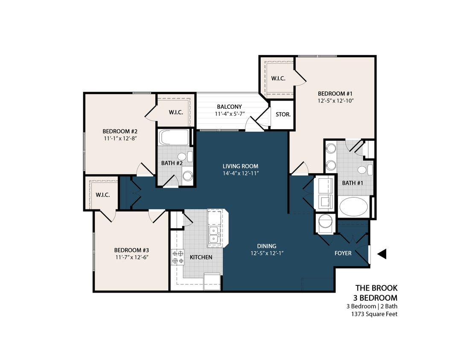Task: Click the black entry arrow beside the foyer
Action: point(382,254)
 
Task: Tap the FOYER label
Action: point(343,253)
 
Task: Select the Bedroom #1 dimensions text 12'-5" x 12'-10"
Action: point(336,101)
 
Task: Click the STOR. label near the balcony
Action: point(283,115)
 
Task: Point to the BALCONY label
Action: point(229,107)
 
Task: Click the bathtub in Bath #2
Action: point(174,138)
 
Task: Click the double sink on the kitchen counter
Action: point(213,235)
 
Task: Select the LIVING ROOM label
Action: point(240,166)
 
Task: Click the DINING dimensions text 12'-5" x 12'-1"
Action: point(267,253)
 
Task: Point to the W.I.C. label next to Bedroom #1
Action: point(278,78)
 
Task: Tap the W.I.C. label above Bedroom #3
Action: point(103,195)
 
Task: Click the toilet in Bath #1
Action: point(363,170)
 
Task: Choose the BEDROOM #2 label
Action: point(119,131)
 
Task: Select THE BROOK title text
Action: point(376,288)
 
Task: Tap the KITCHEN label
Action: point(201,257)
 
